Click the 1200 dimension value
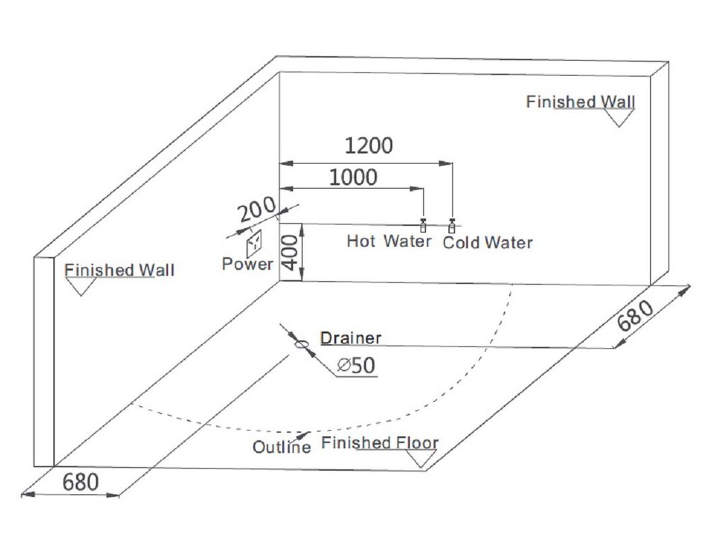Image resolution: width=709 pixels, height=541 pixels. pos(368,146)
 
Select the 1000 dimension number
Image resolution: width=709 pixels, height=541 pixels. pos(353,177)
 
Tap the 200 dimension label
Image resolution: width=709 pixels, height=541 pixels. pos(257,211)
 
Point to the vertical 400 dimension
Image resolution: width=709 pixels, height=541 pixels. pos(291,252)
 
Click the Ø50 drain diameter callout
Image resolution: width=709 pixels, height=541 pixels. pos(357,366)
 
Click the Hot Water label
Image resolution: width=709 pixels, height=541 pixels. pos(389,241)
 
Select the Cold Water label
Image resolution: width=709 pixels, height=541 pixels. pos(487,243)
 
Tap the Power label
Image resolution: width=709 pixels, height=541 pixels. pos(247,264)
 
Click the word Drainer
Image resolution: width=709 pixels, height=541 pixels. pos(350,338)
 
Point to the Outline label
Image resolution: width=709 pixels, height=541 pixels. pos(281,447)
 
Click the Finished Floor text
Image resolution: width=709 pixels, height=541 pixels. pos(380,444)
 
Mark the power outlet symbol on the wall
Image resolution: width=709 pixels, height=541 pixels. pos(254,244)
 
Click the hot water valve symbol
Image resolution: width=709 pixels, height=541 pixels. pos(423,225)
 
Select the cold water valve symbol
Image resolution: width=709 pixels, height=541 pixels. pos(452,226)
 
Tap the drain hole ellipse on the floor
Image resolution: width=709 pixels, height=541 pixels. pos(302,344)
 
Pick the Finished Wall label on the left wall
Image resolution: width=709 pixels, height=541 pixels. pos(119,270)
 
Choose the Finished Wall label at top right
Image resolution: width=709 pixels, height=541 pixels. pos(580,102)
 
